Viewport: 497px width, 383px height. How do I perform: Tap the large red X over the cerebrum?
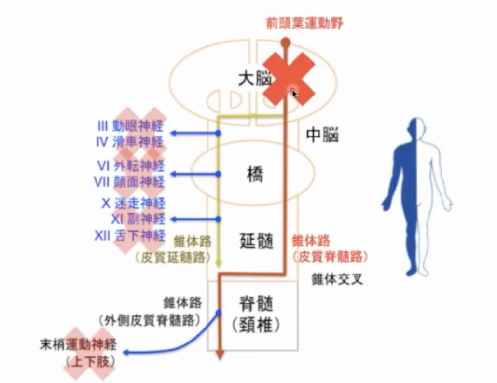click(289, 80)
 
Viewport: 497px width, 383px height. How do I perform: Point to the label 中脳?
click(322, 136)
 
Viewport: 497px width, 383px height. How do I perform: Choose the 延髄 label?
click(256, 240)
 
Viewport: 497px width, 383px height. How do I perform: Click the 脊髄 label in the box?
click(256, 304)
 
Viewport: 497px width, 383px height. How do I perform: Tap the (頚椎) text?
click(256, 327)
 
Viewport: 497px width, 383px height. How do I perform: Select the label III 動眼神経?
click(130, 127)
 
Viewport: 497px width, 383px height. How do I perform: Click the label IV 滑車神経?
click(130, 142)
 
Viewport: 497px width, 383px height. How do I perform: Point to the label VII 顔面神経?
click(130, 182)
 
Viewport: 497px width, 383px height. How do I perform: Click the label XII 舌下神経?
click(130, 235)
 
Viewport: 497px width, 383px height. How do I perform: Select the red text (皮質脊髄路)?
click(330, 257)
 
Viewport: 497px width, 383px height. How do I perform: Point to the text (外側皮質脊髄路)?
click(149, 320)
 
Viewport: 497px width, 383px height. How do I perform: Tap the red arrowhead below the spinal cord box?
click(220, 356)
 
